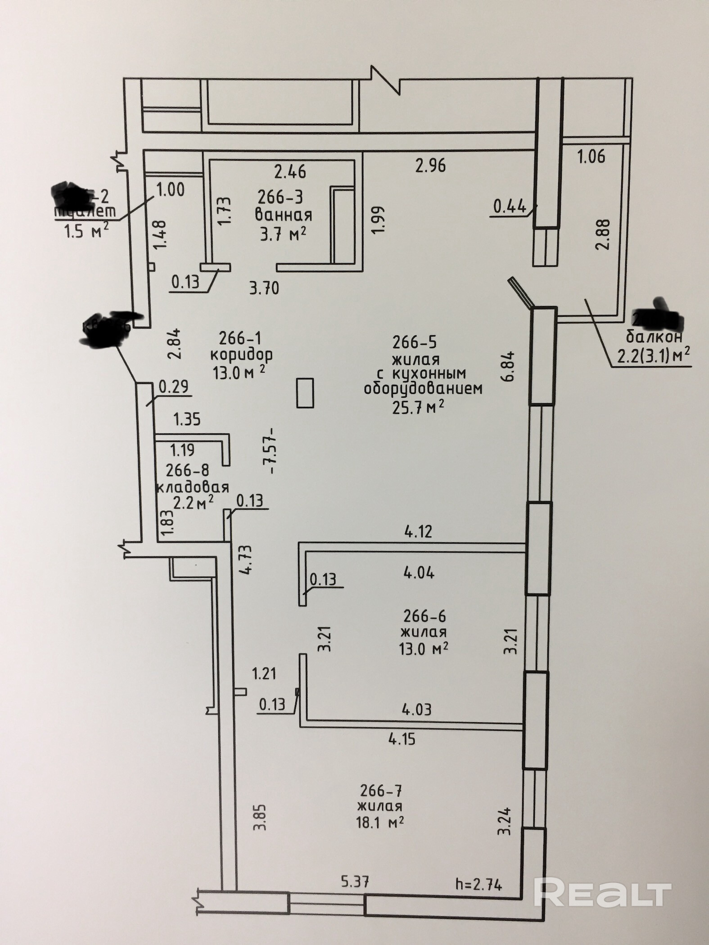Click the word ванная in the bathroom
tap(283, 215)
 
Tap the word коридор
tap(242, 355)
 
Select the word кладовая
tap(192, 487)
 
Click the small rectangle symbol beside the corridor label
tap(305, 393)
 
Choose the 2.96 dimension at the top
tap(430, 166)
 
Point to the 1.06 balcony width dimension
tap(591, 157)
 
